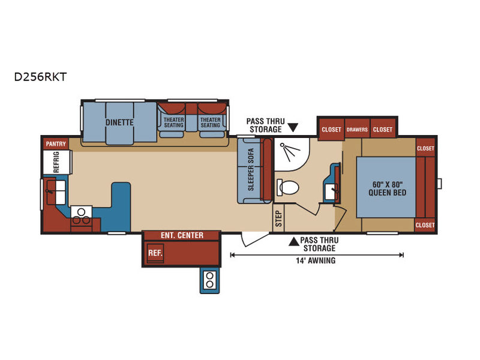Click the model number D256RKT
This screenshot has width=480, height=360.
[x=40, y=77]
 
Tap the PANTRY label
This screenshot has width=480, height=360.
[x=56, y=144]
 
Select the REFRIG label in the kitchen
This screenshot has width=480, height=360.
[x=56, y=162]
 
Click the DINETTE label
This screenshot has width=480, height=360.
[x=119, y=122]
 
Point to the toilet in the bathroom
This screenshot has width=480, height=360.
[x=287, y=187]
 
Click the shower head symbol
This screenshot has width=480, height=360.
[x=290, y=151]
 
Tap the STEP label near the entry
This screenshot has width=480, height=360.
[x=278, y=218]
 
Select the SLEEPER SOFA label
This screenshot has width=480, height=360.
[x=251, y=170]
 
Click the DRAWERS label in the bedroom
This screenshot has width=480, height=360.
[x=357, y=130]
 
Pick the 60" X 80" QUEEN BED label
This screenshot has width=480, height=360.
[x=387, y=188]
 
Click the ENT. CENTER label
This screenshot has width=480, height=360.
[x=182, y=235]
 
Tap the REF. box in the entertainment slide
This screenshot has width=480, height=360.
[x=155, y=253]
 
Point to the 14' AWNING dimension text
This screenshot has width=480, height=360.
[x=316, y=260]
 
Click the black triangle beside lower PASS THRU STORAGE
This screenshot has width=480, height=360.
[x=294, y=242]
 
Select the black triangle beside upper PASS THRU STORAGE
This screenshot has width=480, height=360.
[x=293, y=128]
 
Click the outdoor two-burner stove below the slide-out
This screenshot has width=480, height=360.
[x=209, y=280]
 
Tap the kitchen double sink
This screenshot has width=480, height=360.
[x=56, y=192]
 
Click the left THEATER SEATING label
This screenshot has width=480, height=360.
[x=173, y=122]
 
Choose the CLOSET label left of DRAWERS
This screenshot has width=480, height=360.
[x=331, y=130]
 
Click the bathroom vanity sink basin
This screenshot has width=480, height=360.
[x=331, y=192]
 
